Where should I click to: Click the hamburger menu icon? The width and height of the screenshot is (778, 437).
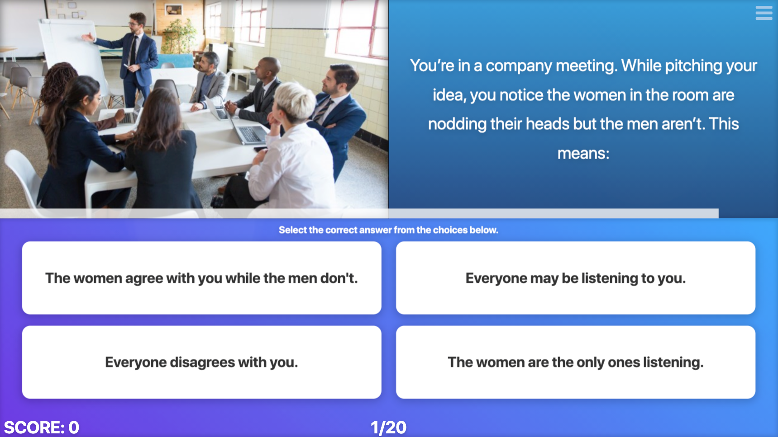pyautogui.click(x=764, y=13)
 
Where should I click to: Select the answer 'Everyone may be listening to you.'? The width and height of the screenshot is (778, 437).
pyautogui.click(x=575, y=278)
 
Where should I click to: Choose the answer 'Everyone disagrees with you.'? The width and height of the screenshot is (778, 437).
pyautogui.click(x=201, y=362)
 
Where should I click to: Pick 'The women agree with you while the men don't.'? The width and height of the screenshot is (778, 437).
pyautogui.click(x=201, y=278)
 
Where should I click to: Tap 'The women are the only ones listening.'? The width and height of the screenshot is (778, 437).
pyautogui.click(x=575, y=362)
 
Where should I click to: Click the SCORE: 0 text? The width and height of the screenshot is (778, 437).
pyautogui.click(x=42, y=427)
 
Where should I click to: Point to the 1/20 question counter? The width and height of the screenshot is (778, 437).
pyautogui.click(x=388, y=427)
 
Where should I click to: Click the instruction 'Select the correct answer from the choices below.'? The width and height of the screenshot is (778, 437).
pyautogui.click(x=388, y=230)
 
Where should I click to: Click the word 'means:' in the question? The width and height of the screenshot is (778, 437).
pyautogui.click(x=583, y=154)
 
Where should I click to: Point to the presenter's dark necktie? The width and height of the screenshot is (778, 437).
pyautogui.click(x=133, y=50)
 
